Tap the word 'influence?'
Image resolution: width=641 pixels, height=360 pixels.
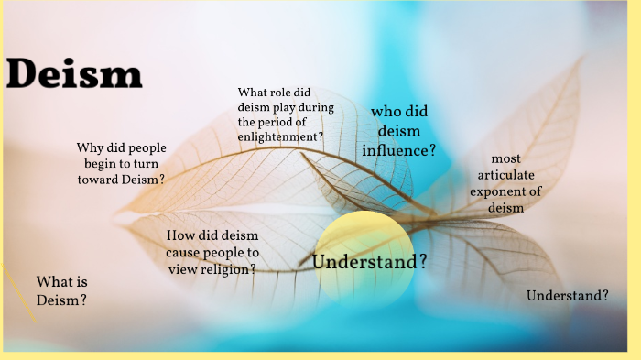click(398, 149)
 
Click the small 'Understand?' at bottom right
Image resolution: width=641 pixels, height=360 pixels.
click(568, 296)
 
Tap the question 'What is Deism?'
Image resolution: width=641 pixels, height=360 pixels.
click(62, 290)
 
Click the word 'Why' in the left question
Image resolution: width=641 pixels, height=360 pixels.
click(90, 148)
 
